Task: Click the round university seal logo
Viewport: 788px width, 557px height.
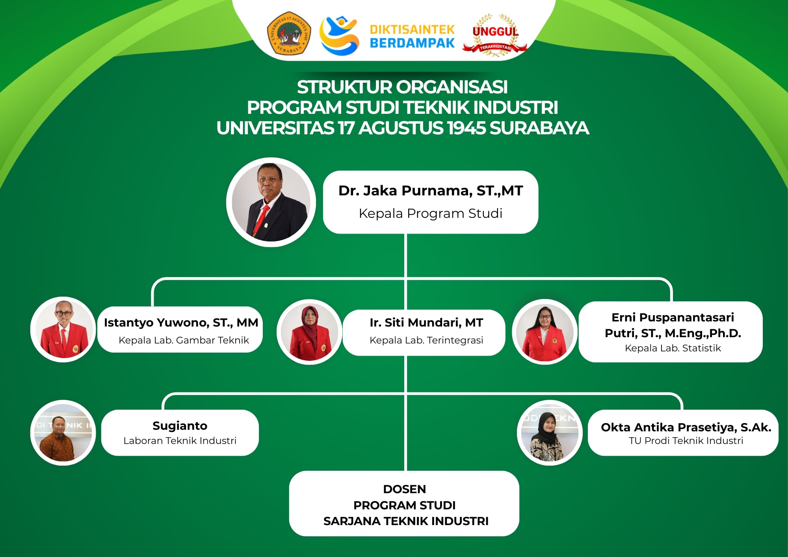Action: coord(289,33)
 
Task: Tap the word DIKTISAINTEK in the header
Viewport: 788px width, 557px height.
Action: coord(412,30)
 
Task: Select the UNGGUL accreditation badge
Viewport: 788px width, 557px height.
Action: coord(495,35)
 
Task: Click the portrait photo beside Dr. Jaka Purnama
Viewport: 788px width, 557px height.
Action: coord(271,202)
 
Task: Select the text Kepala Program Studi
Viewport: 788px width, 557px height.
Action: coord(431,214)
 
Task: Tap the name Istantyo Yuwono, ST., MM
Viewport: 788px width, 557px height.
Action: coord(181,323)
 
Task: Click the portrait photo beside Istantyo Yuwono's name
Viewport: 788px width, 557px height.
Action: coord(63,329)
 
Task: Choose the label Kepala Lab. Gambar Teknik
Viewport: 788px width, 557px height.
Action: coord(184,340)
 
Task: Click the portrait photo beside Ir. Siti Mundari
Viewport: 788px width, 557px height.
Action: coord(309,332)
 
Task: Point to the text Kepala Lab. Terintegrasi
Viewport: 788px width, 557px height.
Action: coord(426,340)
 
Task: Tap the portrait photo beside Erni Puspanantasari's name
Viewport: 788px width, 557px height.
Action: coord(545,332)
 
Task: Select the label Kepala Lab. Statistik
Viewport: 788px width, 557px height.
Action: coord(673,348)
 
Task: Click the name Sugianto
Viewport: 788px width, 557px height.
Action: coord(180,426)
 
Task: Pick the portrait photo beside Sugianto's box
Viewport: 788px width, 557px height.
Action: coord(63,433)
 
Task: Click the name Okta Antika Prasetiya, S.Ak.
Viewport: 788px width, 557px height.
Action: coord(686,427)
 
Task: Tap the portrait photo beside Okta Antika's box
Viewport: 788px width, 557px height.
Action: coord(550,433)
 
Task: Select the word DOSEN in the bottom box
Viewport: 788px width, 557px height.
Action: coord(405,489)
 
